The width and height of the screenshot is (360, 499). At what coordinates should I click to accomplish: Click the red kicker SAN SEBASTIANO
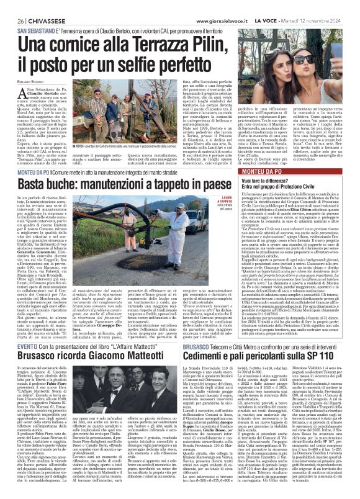[x=40, y=30]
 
